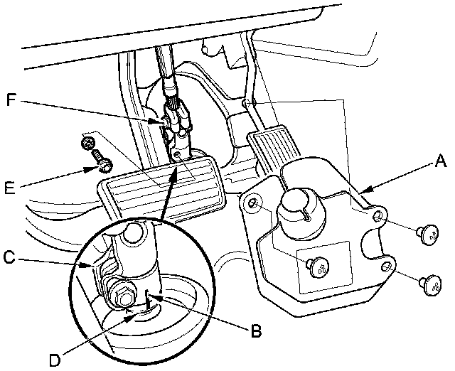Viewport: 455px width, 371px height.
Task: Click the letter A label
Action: click(440, 163)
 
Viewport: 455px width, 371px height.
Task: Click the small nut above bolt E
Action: click(89, 146)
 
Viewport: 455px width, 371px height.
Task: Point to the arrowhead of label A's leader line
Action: click(363, 191)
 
